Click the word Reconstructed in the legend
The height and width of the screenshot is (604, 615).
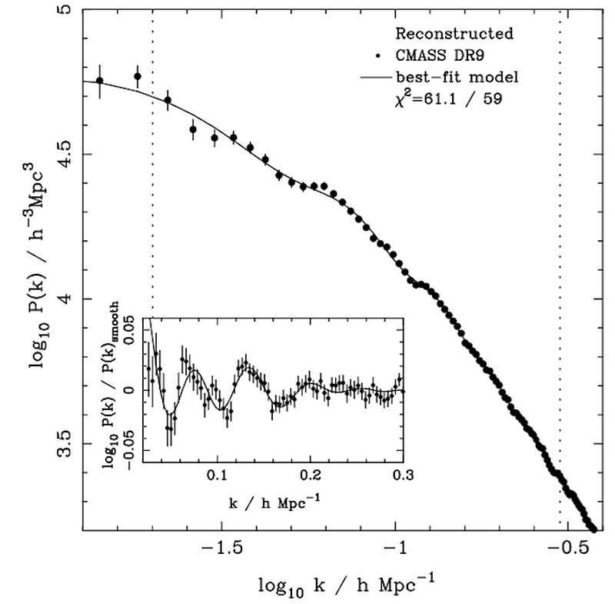[x=453, y=35]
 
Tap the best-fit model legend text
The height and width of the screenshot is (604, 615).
[x=458, y=78]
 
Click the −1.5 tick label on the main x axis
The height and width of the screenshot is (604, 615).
[x=222, y=549]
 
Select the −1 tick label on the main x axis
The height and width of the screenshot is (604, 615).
[x=396, y=549]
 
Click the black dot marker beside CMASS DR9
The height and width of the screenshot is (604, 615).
[x=377, y=56]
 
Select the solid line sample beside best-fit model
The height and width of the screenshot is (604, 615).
[x=375, y=78]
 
